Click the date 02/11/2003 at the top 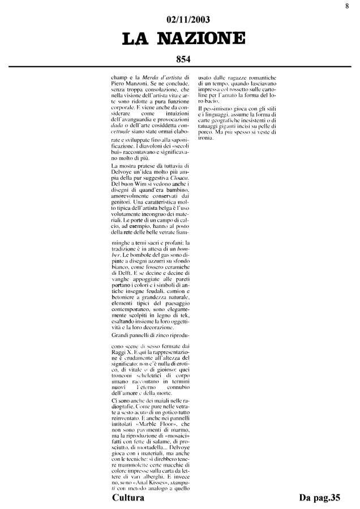179,21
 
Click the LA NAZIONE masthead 179,38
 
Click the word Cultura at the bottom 128,498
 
